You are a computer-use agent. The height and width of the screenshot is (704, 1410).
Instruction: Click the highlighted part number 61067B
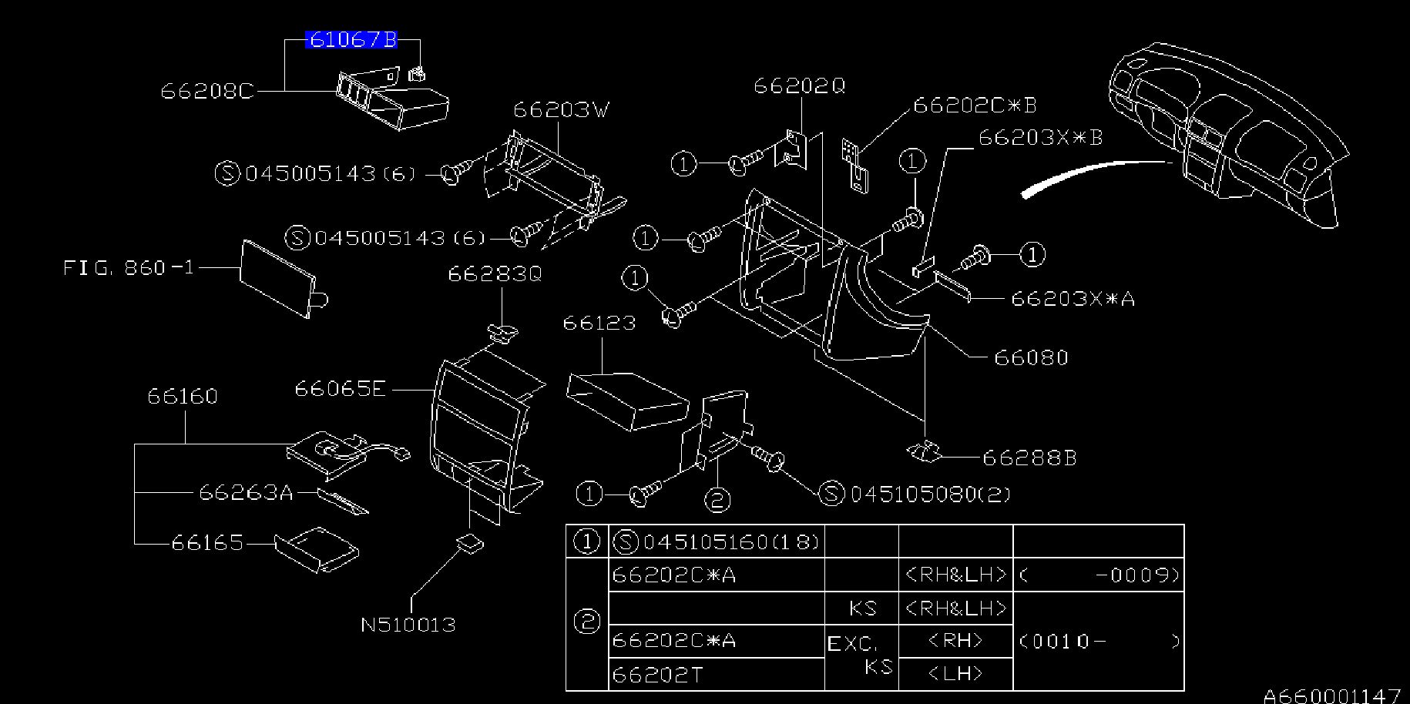tap(351, 39)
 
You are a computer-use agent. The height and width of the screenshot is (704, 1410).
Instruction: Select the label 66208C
tap(206, 92)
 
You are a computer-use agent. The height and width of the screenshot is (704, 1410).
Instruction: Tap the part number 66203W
tap(561, 110)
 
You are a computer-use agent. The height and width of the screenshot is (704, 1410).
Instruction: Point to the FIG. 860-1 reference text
tap(129, 268)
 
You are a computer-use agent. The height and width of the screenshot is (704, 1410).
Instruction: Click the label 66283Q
tap(495, 274)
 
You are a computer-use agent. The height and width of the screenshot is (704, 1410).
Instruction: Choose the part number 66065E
tap(340, 389)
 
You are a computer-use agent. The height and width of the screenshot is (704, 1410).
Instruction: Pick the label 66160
tap(183, 397)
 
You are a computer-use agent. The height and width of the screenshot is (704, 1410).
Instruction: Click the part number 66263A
tap(247, 492)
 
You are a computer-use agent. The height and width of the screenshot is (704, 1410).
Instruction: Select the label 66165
tap(207, 543)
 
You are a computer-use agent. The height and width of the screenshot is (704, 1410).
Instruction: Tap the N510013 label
tap(408, 625)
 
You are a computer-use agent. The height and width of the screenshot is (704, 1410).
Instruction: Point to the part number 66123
tap(599, 323)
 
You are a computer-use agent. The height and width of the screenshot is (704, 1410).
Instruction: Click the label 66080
tap(1031, 357)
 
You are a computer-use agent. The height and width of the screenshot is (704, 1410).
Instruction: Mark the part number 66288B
tap(1029, 458)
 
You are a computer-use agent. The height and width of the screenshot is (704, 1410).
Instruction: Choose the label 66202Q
tap(799, 86)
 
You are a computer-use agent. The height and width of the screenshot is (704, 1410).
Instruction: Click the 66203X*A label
tap(1073, 299)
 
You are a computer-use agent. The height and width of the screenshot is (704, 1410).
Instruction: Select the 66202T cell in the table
tap(658, 676)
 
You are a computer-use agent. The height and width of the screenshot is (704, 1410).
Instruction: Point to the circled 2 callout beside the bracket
tap(717, 501)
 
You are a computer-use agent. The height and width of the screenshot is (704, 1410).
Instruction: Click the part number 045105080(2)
tap(929, 494)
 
